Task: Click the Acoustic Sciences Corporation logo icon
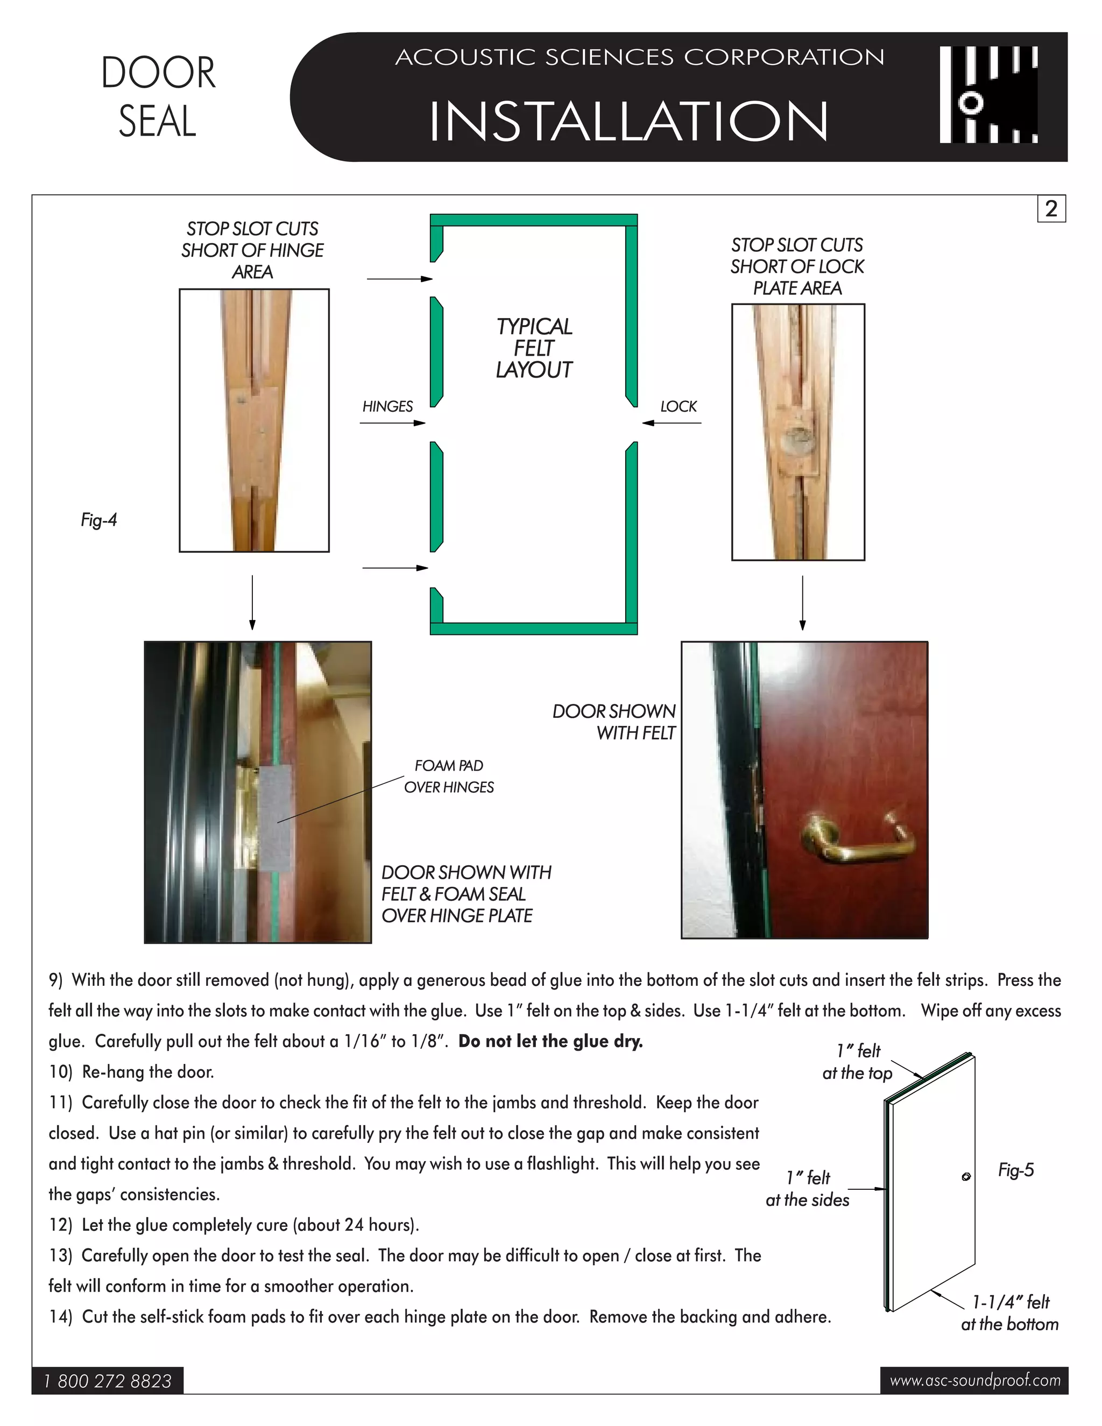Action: click(988, 95)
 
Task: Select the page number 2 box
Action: click(1050, 209)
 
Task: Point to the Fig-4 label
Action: click(98, 520)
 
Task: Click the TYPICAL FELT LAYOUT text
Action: click(533, 348)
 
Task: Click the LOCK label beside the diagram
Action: click(679, 406)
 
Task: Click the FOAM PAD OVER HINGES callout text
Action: click(449, 776)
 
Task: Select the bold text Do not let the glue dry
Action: click(550, 1041)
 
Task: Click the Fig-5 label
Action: click(1015, 1170)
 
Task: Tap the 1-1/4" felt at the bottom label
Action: click(1009, 1313)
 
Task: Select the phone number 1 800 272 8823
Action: click(108, 1381)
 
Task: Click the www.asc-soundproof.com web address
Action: click(974, 1380)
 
